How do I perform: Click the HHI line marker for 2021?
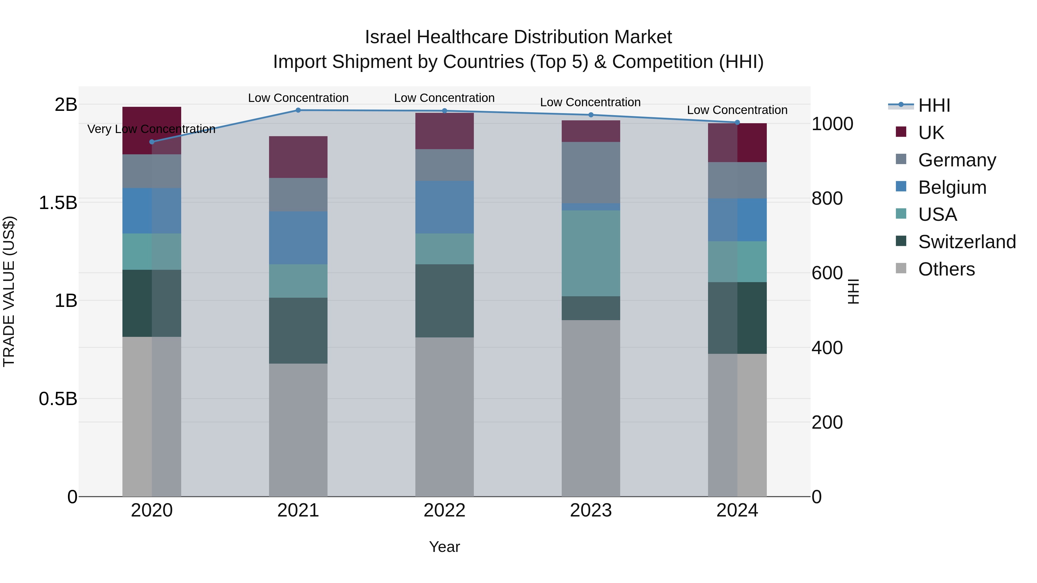tap(298, 110)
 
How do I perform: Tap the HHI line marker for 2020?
tap(152, 142)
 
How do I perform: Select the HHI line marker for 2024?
tap(737, 122)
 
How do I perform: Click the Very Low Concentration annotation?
tap(151, 129)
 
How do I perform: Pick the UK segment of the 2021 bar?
tap(298, 157)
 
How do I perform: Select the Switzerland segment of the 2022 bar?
tap(444, 301)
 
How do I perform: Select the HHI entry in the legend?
tap(934, 105)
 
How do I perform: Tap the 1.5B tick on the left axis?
tap(58, 203)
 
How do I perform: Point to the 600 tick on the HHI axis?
tap(827, 273)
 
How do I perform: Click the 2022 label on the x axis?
tap(444, 510)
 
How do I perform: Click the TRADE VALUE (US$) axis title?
tap(9, 291)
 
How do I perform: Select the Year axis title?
tap(444, 547)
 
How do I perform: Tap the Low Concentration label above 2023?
tap(590, 102)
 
